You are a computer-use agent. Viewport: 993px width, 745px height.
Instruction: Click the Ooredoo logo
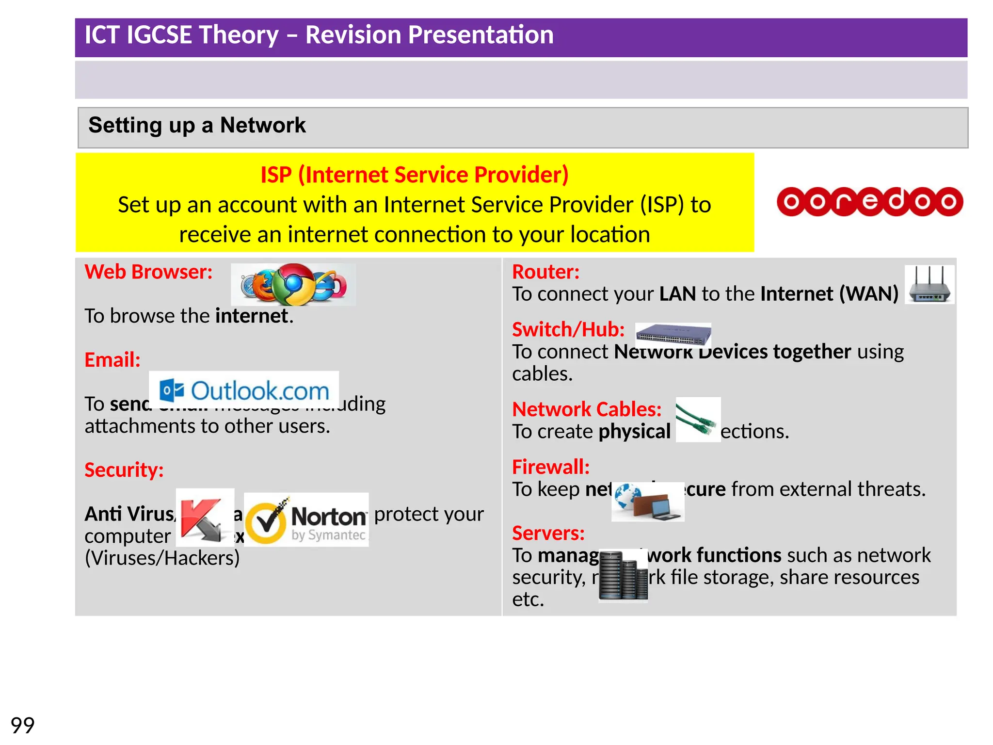869,201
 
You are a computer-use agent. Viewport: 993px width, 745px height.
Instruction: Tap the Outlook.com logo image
244,391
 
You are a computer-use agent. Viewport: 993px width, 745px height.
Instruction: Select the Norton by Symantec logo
306,519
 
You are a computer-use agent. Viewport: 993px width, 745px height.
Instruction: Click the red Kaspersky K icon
205,518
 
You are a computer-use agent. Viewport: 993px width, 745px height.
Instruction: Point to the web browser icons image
293,285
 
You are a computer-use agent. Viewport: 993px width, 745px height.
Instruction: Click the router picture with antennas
929,285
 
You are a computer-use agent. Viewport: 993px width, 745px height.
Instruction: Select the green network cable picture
698,420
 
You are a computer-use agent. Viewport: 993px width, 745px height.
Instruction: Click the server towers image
623,575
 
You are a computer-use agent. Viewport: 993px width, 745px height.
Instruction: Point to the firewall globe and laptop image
648,502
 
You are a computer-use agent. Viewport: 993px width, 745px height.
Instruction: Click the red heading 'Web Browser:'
148,272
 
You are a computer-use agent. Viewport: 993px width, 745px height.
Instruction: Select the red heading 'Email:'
112,360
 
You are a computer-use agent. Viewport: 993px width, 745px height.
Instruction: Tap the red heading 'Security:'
124,470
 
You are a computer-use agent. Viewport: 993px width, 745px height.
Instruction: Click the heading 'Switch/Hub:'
568,330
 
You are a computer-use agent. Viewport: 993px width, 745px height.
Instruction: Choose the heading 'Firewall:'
551,467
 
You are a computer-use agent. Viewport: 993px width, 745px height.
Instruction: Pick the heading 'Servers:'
548,533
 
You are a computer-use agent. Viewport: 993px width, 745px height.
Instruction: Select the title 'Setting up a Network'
197,125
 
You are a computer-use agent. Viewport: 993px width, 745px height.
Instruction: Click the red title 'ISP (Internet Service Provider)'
414,175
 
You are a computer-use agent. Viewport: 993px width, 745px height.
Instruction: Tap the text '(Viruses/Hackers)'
162,558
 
